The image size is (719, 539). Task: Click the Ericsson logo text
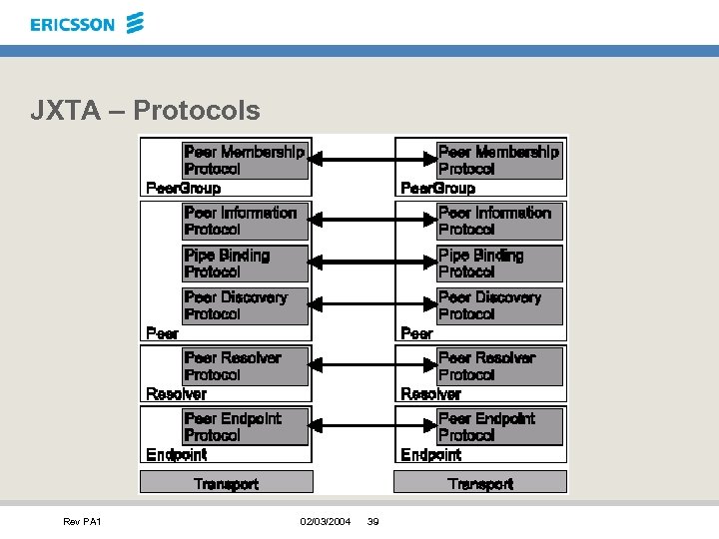point(73,24)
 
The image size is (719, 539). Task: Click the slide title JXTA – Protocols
point(145,110)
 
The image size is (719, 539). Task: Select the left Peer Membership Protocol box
point(246,160)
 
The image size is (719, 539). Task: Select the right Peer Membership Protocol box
point(499,160)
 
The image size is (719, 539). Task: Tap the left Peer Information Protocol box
point(246,221)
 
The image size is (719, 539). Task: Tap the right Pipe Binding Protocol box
point(499,264)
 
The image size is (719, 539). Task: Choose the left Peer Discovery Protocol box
point(246,305)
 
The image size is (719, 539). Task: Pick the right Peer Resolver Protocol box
point(499,366)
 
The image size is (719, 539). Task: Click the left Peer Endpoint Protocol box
point(246,427)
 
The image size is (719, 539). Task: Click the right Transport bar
point(480,483)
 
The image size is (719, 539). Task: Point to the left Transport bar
point(226,483)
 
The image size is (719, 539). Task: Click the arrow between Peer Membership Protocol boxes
point(354,160)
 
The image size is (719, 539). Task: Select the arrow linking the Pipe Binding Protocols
point(354,264)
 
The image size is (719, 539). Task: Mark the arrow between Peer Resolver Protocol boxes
point(354,366)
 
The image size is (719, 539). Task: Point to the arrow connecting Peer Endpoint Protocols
point(354,427)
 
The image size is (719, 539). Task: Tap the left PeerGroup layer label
point(183,188)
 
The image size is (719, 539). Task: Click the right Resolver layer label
point(430,394)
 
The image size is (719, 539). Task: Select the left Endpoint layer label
point(176,455)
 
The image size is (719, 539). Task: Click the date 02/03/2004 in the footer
point(326,522)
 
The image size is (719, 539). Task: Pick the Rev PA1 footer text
point(82,522)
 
